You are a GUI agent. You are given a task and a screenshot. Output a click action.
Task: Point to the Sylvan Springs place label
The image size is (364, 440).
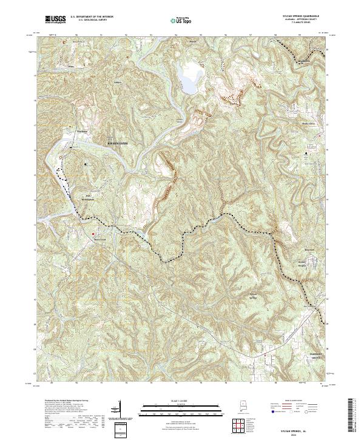tap(241, 296)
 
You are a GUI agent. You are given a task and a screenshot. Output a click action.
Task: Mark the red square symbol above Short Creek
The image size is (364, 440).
tap(92, 232)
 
